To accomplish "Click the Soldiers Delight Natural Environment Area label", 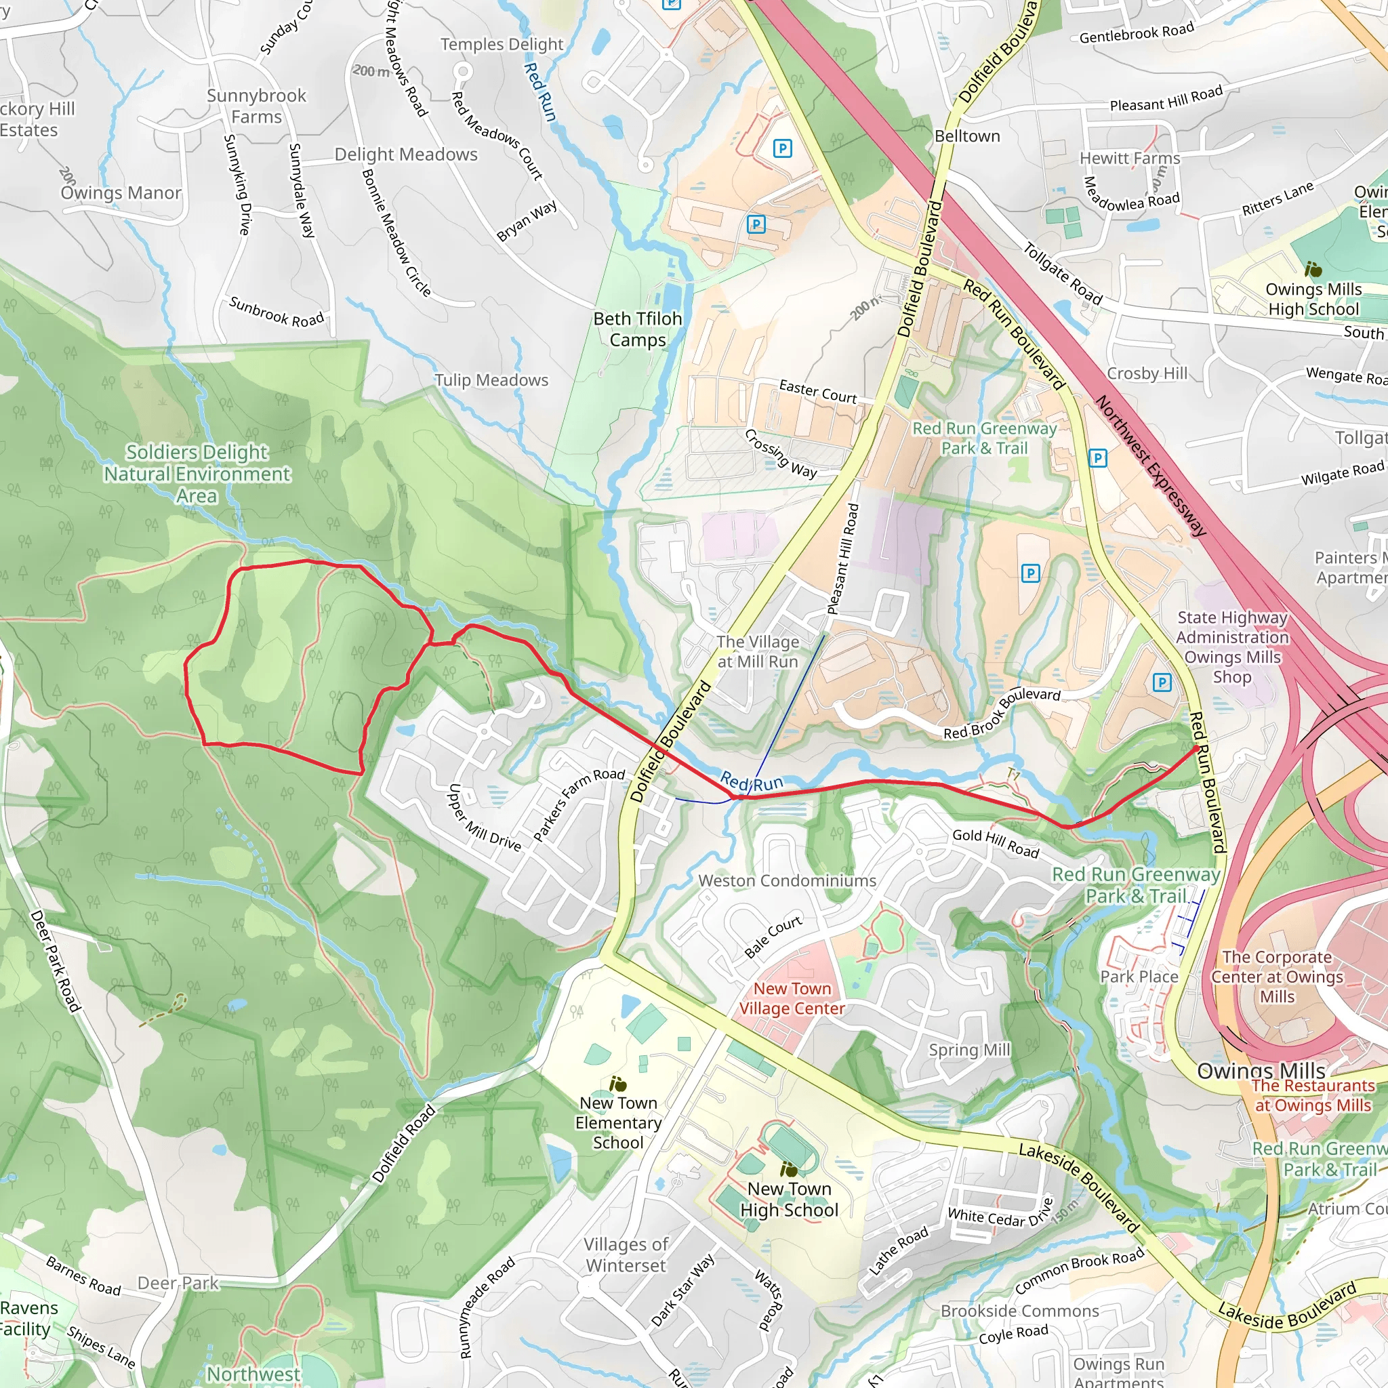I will [x=197, y=474].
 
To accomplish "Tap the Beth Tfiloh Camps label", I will [x=637, y=329].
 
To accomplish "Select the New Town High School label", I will [x=789, y=1199].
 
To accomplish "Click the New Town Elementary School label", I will [x=618, y=1122].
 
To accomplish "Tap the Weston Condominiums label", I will [x=787, y=880].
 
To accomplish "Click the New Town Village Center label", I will [x=792, y=998].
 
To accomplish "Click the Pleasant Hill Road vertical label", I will [x=842, y=559].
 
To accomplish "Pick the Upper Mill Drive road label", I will [x=483, y=817].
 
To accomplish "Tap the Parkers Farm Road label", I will [x=578, y=803].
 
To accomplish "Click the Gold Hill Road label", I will [x=995, y=842].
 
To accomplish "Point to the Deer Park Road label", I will [x=56, y=960].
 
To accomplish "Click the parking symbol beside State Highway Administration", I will [x=1162, y=682].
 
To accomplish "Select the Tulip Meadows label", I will [x=491, y=380].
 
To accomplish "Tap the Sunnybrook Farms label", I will [x=256, y=106].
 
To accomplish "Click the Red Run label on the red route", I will [x=751, y=781].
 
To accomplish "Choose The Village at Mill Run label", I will [x=757, y=651].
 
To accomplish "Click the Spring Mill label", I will [x=968, y=1050].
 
